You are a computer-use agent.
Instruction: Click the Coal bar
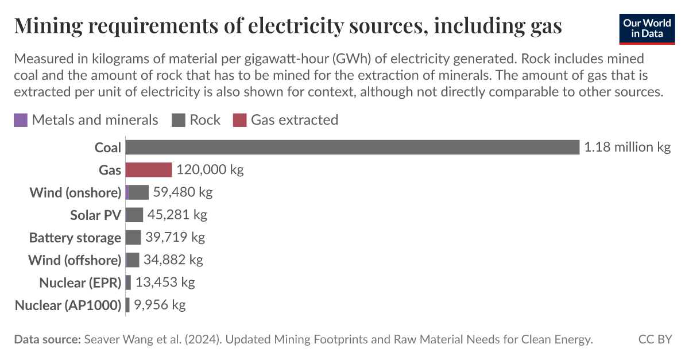tap(352, 148)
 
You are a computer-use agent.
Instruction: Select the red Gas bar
tap(149, 170)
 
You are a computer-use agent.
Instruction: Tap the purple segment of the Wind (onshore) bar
tap(127, 192)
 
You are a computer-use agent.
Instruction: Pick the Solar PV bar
tap(134, 215)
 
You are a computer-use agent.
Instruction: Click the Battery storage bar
tap(133, 237)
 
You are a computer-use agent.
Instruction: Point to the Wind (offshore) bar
tap(133, 260)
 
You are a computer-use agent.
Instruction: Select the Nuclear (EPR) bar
tap(128, 282)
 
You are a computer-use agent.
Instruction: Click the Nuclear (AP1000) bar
tap(127, 305)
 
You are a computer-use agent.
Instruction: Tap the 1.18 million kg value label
tap(627, 148)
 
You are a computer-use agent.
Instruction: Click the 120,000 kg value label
tap(210, 170)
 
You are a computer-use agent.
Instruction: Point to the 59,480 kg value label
tap(183, 192)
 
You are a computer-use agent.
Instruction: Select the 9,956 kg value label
tap(160, 305)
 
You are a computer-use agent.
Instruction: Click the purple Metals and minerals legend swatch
tap(20, 120)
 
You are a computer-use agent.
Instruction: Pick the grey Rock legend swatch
tap(178, 120)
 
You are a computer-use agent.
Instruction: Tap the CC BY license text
tap(655, 339)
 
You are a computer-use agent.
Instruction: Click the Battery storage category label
tap(75, 238)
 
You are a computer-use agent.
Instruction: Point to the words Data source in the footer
tap(47, 339)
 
